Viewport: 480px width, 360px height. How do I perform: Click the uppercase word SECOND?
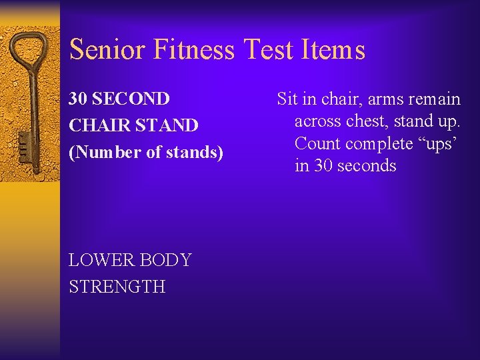(131, 99)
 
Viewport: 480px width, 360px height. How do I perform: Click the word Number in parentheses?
(107, 153)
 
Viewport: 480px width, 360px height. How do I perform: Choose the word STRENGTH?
(117, 287)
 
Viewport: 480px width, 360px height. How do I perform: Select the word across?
(318, 121)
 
